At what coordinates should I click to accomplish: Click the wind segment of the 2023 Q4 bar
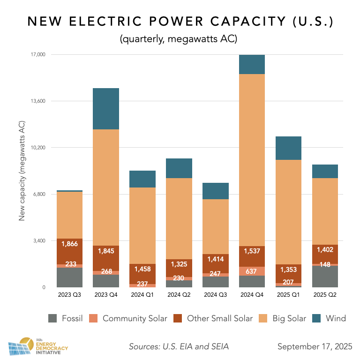tap(105, 109)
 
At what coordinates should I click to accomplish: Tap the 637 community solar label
tap(252, 271)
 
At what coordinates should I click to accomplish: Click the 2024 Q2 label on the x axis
tap(179, 295)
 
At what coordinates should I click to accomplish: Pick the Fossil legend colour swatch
tap(54, 319)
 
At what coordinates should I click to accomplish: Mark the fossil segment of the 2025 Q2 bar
tap(325, 277)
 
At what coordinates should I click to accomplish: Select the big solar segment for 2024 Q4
tap(252, 160)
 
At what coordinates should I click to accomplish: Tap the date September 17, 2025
tap(315, 347)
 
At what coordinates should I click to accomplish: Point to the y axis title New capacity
tap(22, 171)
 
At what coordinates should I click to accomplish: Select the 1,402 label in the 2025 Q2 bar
tap(325, 250)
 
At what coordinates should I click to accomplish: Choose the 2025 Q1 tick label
tap(289, 295)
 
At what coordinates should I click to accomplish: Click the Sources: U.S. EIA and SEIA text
tap(179, 347)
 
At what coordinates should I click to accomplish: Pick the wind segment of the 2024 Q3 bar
tap(216, 191)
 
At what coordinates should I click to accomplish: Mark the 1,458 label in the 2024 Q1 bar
tap(142, 269)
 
